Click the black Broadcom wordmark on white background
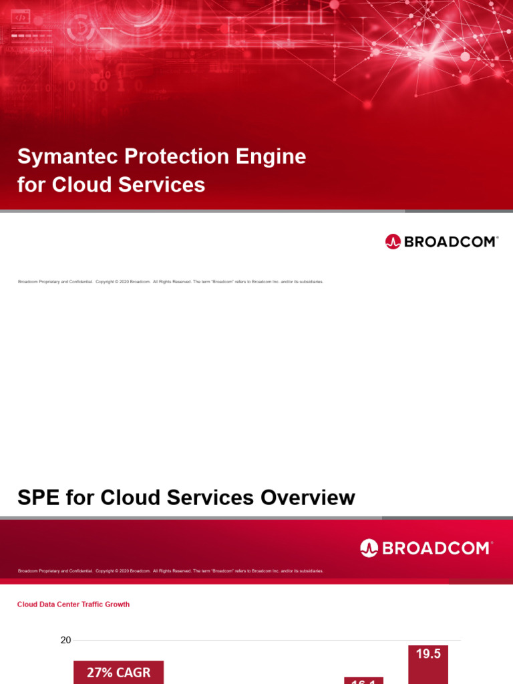(x=451, y=242)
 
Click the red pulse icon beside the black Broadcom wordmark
(x=393, y=242)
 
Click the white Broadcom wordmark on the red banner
(x=437, y=548)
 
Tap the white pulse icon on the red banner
(x=369, y=548)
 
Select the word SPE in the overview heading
(x=39, y=498)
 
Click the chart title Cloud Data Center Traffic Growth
(x=73, y=605)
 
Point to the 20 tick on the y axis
(x=65, y=641)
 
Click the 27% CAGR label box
(x=118, y=673)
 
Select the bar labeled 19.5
(x=428, y=671)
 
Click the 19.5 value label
(x=428, y=655)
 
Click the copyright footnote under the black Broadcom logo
(x=170, y=282)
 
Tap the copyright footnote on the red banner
(x=170, y=571)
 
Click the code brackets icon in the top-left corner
(x=21, y=17)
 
